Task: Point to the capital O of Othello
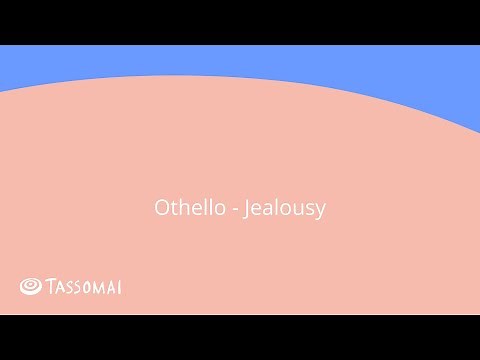(162, 209)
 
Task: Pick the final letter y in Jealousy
(322, 213)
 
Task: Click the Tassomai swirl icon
(30, 287)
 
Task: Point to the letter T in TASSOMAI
(50, 288)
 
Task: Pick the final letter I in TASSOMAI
(120, 288)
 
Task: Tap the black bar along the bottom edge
(240, 337)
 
